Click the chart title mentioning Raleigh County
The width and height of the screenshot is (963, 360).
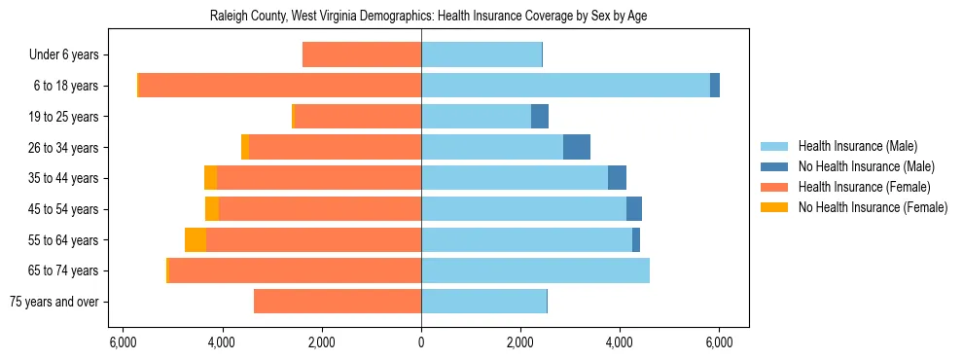pos(429,17)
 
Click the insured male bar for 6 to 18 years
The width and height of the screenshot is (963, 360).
pos(565,86)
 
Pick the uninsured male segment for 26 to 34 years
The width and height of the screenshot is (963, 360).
pos(577,147)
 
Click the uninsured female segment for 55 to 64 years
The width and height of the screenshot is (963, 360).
pos(196,239)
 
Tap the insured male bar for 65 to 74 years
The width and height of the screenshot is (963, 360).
pos(535,270)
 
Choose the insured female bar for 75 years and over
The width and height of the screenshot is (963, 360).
pos(338,302)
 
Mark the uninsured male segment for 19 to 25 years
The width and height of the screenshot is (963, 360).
pos(540,117)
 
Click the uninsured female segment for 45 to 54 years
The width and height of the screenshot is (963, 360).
pos(212,209)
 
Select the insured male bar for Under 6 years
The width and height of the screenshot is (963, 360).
pos(481,54)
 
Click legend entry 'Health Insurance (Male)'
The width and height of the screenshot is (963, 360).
pos(857,146)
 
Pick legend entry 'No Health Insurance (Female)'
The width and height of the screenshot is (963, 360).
pos(873,207)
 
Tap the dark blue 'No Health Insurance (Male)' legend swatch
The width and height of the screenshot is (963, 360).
pos(774,166)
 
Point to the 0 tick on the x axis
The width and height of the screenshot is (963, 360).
pos(421,342)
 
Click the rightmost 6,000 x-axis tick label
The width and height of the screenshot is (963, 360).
pos(719,342)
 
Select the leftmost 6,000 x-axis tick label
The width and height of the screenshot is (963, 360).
pos(123,342)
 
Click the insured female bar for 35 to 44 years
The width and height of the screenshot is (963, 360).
pos(319,178)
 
